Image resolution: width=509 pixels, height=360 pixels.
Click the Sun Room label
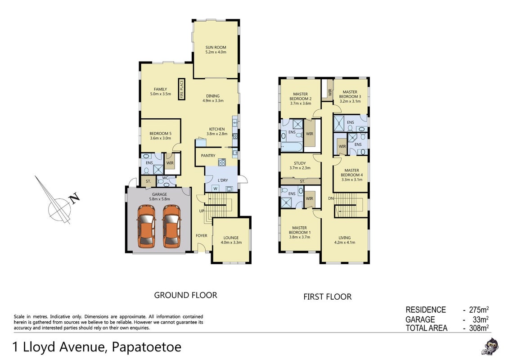(x=216, y=47)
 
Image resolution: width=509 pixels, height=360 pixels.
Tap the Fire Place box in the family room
(x=181, y=89)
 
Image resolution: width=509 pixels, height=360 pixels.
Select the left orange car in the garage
(x=146, y=226)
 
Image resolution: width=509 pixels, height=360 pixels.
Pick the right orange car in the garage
(x=171, y=226)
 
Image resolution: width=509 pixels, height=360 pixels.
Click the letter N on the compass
(x=75, y=198)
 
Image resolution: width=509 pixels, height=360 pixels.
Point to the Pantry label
(x=208, y=156)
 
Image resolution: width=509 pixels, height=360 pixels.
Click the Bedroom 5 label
(x=160, y=133)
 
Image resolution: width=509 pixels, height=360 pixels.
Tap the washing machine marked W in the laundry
(x=215, y=189)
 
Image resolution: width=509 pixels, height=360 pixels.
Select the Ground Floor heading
(x=185, y=295)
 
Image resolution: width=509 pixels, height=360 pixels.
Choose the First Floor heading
(x=327, y=297)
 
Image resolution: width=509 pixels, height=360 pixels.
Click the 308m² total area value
(x=479, y=328)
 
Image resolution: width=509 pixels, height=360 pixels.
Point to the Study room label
(x=300, y=163)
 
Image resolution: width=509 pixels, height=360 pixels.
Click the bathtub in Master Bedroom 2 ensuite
(x=292, y=146)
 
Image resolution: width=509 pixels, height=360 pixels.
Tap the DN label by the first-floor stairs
(x=331, y=198)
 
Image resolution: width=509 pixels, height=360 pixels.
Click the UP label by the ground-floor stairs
(x=202, y=211)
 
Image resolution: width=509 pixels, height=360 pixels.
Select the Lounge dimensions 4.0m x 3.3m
(x=231, y=243)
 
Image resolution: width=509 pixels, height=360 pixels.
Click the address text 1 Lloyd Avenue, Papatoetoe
(x=97, y=347)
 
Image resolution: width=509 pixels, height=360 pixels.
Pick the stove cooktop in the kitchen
(x=222, y=162)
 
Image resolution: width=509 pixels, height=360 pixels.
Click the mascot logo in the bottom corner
(x=490, y=346)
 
